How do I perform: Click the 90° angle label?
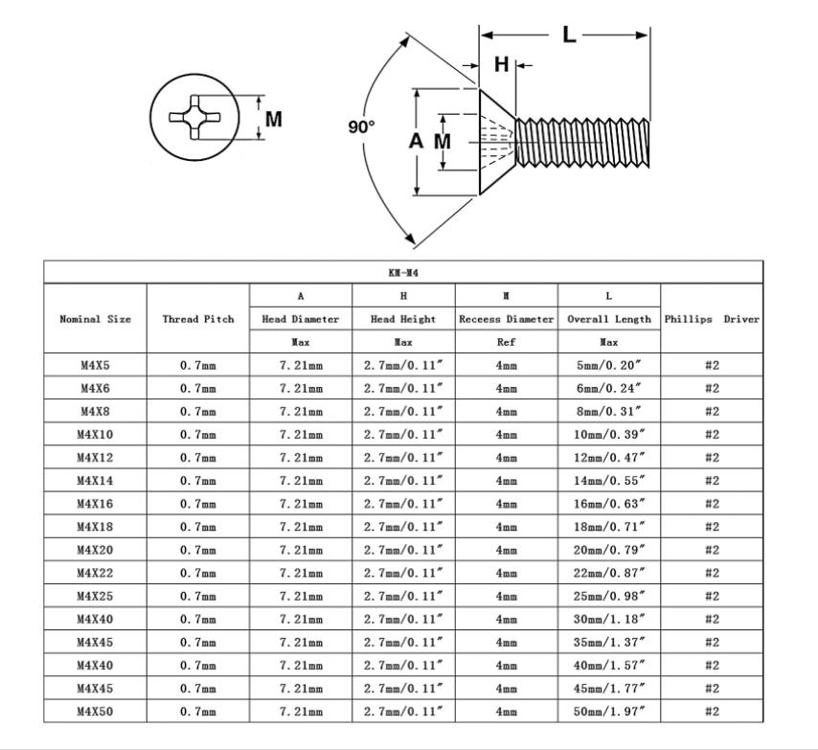361,126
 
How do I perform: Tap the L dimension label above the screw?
569,34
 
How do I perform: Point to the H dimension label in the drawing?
501,65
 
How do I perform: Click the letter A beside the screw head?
416,141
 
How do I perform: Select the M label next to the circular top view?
273,120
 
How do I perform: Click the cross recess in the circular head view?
194,117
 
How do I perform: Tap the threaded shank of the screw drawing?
582,143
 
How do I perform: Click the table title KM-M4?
403,273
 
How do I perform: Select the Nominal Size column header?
95,319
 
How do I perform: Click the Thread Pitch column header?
198,319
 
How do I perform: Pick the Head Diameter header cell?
301,319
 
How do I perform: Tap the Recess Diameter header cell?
506,319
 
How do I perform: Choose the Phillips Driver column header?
712,319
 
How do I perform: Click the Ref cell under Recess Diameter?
506,342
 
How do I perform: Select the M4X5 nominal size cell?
95,365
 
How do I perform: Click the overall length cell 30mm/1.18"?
609,619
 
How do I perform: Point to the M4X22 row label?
95,573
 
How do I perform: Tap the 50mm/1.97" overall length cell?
609,712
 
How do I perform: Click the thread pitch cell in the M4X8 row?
198,412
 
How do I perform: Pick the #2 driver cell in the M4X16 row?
712,504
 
